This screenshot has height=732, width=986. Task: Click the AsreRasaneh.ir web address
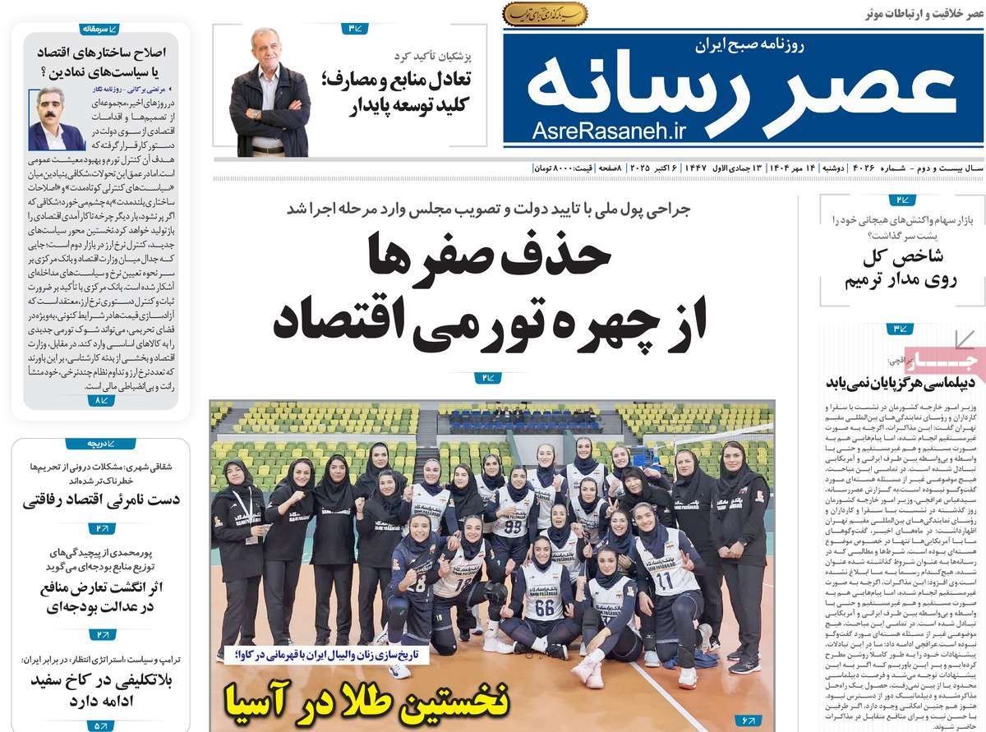click(608, 129)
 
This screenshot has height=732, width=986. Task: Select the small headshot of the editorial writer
click(53, 117)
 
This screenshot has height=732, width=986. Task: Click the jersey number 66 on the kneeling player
click(544, 610)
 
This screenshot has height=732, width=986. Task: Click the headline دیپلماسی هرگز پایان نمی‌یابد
click(901, 381)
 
